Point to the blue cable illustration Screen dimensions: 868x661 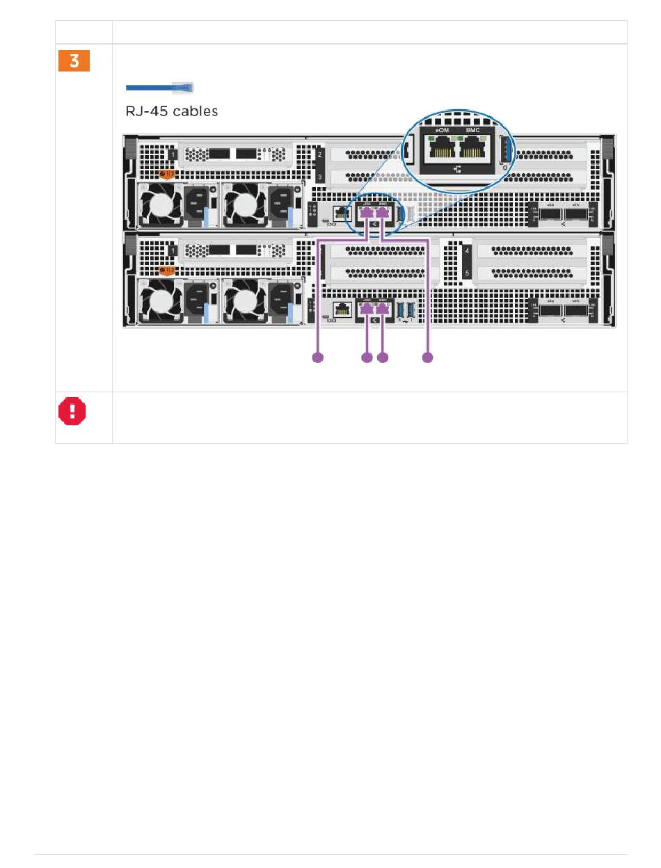click(x=159, y=88)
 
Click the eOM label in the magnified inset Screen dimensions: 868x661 click(x=437, y=130)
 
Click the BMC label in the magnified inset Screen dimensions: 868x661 click(x=472, y=130)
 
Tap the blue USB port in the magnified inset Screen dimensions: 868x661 click(x=505, y=148)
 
